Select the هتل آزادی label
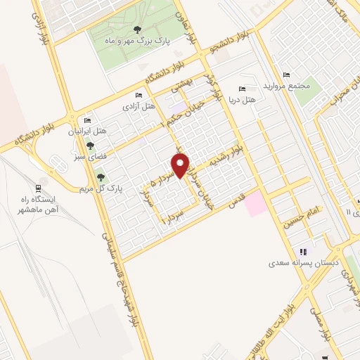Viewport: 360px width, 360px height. [x=138, y=107]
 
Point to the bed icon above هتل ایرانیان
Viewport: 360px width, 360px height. [x=86, y=119]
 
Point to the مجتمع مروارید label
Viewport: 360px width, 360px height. [x=285, y=85]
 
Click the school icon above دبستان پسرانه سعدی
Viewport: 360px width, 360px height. [x=303, y=252]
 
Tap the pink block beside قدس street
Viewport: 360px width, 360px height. [x=255, y=204]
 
